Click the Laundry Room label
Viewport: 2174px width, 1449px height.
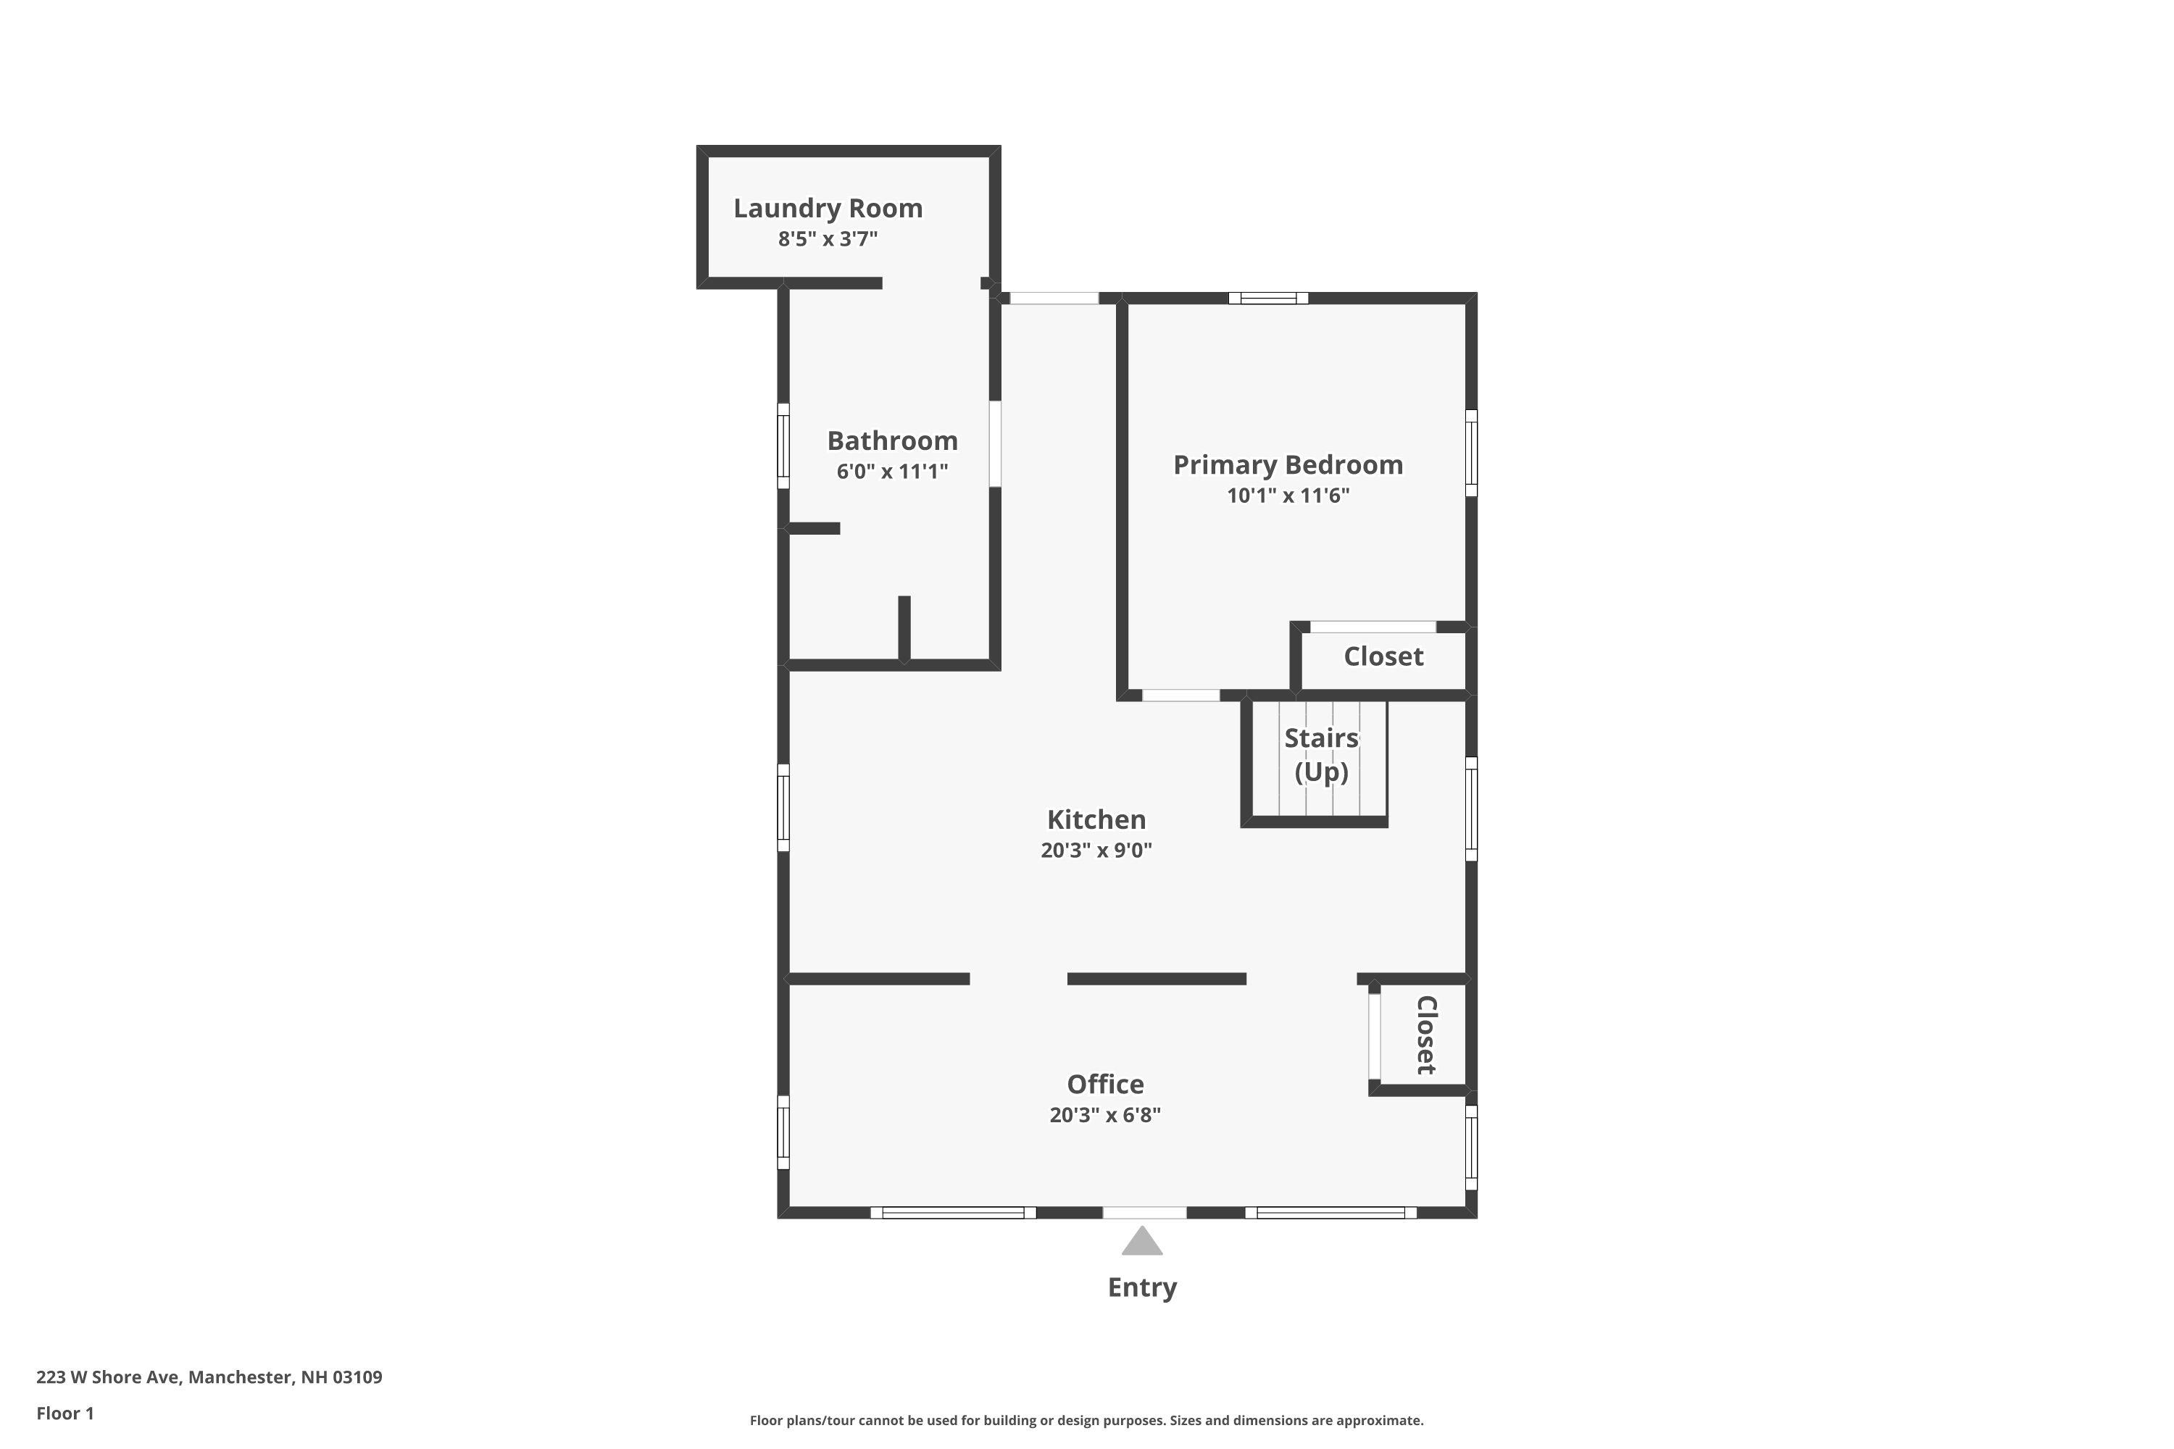point(828,208)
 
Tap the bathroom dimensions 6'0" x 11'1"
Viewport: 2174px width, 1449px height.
point(892,472)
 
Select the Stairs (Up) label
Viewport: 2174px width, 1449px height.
point(1321,754)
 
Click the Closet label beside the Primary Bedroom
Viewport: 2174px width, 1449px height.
point(1383,656)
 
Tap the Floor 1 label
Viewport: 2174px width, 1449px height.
point(64,1413)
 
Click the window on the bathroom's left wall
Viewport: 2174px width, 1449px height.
point(783,446)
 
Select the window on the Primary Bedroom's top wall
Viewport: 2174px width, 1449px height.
point(1268,298)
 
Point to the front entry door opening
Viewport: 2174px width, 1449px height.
point(1144,1212)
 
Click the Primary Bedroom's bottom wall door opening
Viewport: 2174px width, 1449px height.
point(1180,695)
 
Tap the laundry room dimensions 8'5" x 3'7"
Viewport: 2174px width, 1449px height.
point(828,239)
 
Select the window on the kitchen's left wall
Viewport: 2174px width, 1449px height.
point(783,807)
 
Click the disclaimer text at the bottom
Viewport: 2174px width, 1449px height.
point(1086,1420)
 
